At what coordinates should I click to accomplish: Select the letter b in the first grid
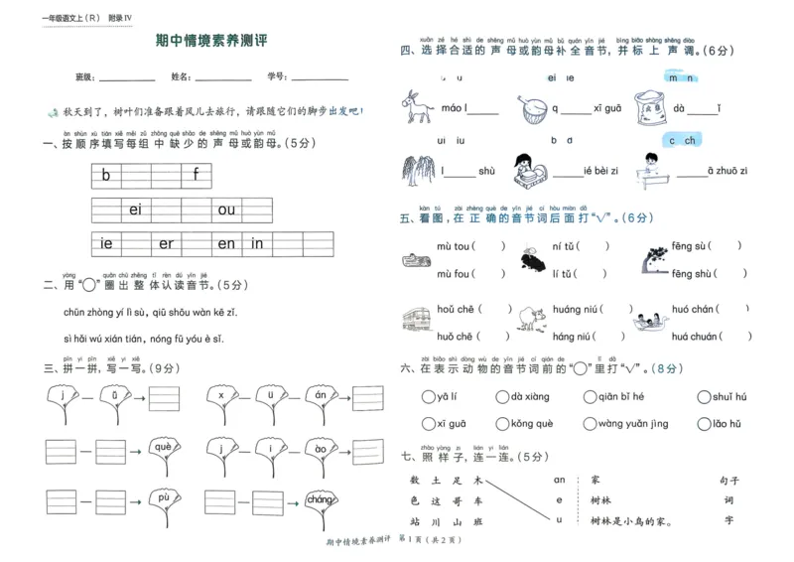106,176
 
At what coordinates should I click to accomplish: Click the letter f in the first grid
197,176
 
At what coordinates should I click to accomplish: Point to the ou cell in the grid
227,210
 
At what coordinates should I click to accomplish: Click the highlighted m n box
680,77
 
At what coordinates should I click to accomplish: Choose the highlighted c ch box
681,140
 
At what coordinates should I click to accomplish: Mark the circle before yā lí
427,397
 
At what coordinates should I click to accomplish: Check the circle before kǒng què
501,424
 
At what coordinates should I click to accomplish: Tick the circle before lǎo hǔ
704,424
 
